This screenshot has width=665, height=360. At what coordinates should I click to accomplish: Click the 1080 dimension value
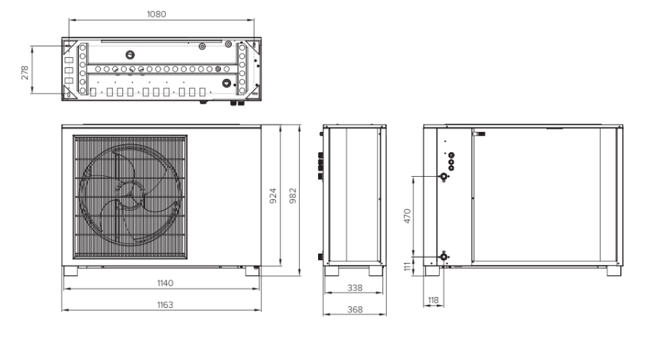[x=156, y=14]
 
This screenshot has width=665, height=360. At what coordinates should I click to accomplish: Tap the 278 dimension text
[x=25, y=72]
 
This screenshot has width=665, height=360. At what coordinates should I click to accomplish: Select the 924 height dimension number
[x=273, y=196]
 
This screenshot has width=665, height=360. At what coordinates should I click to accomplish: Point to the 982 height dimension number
[x=293, y=196]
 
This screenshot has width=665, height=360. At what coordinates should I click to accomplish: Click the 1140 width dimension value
[x=165, y=282]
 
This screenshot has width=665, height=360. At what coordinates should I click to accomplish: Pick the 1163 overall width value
[x=165, y=304]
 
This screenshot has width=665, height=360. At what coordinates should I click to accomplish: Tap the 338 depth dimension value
[x=355, y=288]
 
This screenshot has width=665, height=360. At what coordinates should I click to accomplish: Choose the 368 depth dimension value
[x=355, y=309]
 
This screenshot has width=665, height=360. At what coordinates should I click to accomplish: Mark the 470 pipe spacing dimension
[x=407, y=216]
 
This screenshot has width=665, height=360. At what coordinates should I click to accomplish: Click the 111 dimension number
[x=407, y=267]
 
